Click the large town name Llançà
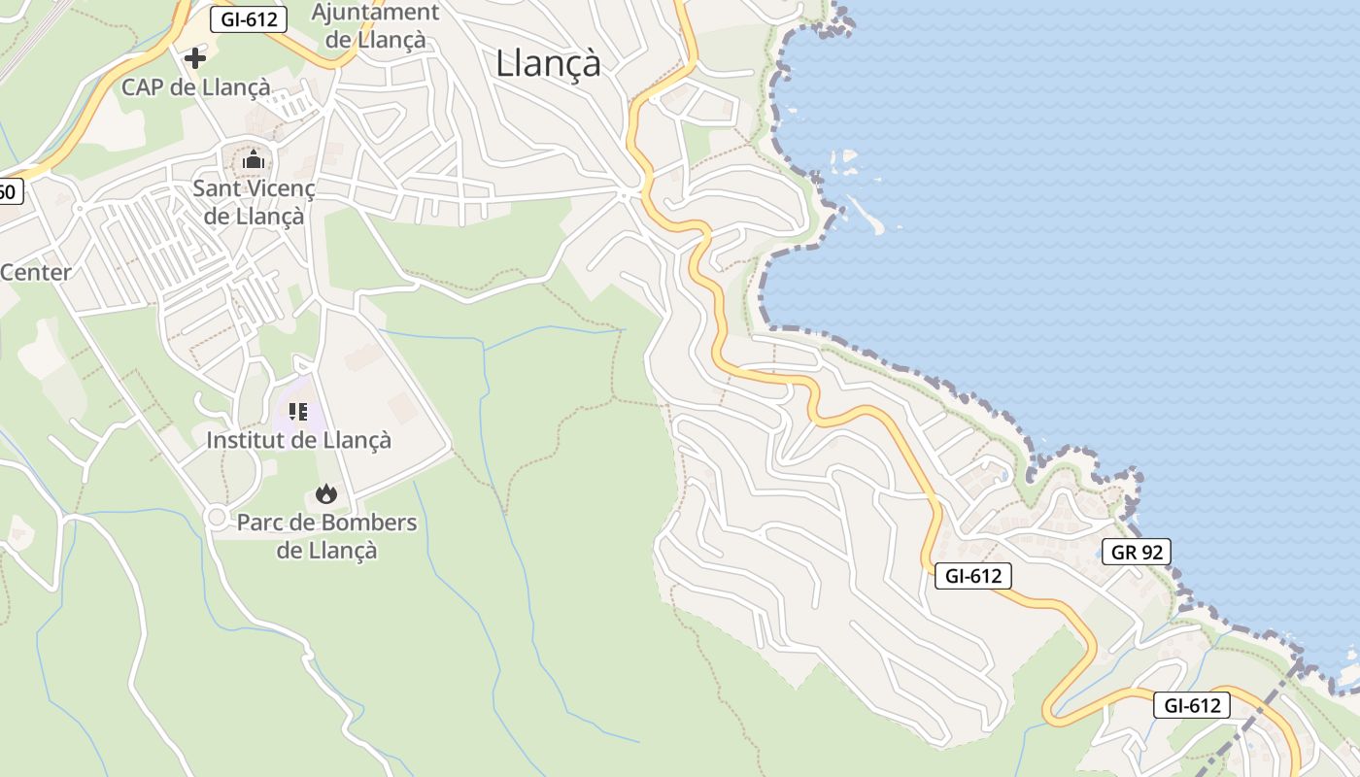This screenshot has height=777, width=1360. tap(548, 63)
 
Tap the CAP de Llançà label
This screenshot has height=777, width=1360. tap(195, 86)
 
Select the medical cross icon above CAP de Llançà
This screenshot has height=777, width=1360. tap(195, 58)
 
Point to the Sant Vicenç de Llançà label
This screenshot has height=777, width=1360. tap(254, 201)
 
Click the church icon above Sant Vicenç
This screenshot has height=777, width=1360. tap(254, 159)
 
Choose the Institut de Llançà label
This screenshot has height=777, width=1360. tap(298, 440)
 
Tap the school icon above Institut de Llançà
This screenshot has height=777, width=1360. tap(298, 411)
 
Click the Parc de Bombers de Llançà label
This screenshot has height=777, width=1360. tap(326, 536)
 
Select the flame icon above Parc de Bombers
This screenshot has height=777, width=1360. tap(326, 494)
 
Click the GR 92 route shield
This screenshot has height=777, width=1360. tap(1137, 553)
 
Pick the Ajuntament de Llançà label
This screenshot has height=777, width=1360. tap(375, 26)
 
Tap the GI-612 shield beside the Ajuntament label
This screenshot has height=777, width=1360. tap(249, 18)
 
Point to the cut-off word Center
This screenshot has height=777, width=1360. tap(36, 272)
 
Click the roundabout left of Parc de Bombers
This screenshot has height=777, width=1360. tap(216, 517)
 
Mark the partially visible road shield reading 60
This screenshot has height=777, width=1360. tap(8, 191)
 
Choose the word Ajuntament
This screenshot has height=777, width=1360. tap(375, 13)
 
